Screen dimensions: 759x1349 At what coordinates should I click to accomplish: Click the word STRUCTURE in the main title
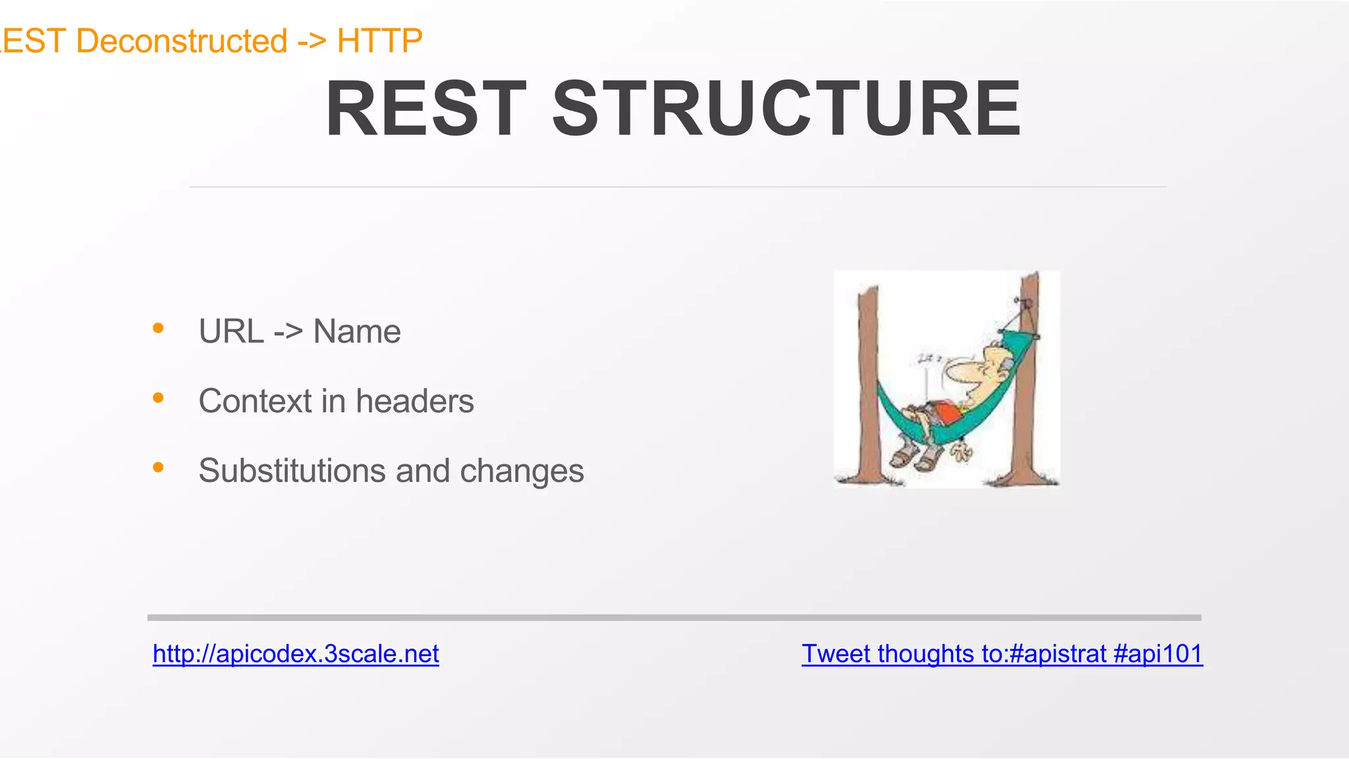pos(786,109)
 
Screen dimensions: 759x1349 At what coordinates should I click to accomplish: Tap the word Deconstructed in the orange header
pos(182,41)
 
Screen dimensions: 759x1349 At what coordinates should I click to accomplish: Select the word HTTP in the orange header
pos(379,41)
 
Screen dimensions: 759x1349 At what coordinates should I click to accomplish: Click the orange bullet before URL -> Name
pos(158,328)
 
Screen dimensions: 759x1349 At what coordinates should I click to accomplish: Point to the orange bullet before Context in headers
pos(158,397)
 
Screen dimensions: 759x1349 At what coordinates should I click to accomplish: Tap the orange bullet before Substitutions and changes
pos(158,467)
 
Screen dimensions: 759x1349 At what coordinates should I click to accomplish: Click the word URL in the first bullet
pos(231,331)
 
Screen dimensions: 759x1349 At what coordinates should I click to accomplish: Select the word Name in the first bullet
pos(356,331)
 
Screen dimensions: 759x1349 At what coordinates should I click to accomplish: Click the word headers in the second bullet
pos(414,401)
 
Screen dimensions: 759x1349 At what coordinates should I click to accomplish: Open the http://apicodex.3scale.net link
pos(296,654)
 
